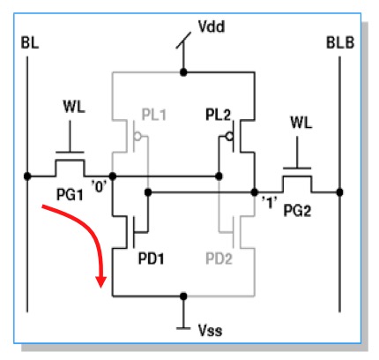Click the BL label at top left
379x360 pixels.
pyautogui.click(x=30, y=43)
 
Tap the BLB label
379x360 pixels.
pyautogui.click(x=340, y=43)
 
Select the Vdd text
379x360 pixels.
pyautogui.click(x=212, y=26)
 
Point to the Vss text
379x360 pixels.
pyautogui.click(x=211, y=330)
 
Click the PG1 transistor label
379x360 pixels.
pyautogui.click(x=70, y=195)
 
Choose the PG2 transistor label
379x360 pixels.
pyautogui.click(x=297, y=211)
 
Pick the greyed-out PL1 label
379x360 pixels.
pyautogui.click(x=154, y=115)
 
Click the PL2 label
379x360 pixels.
pyautogui.click(x=218, y=115)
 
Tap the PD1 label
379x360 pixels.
pyautogui.click(x=151, y=259)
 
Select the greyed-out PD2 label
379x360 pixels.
pyautogui.click(x=219, y=259)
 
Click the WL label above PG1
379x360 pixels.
pyautogui.click(x=74, y=107)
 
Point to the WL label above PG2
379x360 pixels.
pyautogui.click(x=301, y=123)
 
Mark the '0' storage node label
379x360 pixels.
pyautogui.click(x=100, y=186)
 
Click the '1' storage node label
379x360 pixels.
pyautogui.click(x=269, y=202)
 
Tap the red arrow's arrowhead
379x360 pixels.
pyautogui.click(x=101, y=281)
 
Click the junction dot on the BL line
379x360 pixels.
pyautogui.click(x=27, y=176)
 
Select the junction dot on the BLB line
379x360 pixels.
pyautogui.click(x=340, y=192)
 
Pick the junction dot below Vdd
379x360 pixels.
pyautogui.click(x=183, y=72)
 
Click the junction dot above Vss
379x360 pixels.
pyautogui.click(x=183, y=296)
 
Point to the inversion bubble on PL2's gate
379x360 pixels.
pyautogui.click(x=229, y=137)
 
